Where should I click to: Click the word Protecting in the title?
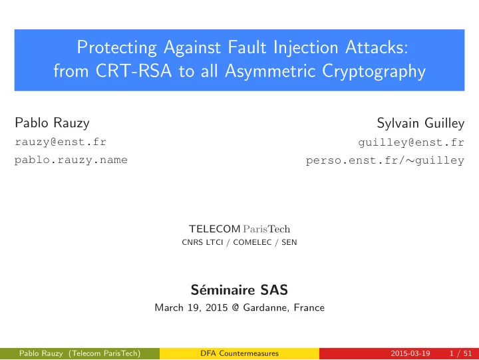(116, 48)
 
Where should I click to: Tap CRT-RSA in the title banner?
(134, 71)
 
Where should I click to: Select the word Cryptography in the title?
(374, 72)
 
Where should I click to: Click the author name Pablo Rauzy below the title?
(53, 124)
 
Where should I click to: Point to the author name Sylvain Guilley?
(420, 124)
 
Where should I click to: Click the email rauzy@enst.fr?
(61, 142)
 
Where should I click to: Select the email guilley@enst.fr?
(411, 142)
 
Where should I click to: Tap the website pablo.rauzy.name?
(71, 160)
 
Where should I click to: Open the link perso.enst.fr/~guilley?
(385, 160)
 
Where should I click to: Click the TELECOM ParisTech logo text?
(239, 229)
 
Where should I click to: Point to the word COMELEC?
(252, 242)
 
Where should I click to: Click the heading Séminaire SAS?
(239, 289)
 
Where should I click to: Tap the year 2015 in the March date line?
(217, 307)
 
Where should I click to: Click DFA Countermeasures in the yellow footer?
(239, 353)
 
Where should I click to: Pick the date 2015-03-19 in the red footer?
(410, 353)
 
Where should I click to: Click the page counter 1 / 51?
(460, 353)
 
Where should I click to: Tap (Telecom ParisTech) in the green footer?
(104, 353)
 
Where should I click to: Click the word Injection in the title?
(306, 48)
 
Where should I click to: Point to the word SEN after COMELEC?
(289, 242)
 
